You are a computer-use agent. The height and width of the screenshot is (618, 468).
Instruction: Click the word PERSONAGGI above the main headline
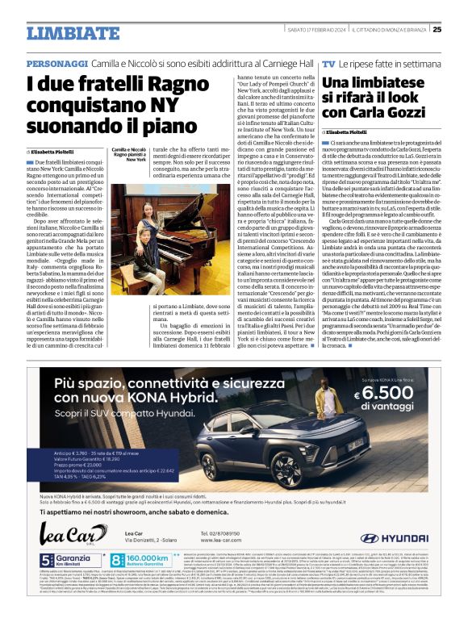point(57,64)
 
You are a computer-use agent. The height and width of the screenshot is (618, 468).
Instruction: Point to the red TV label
point(328,64)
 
